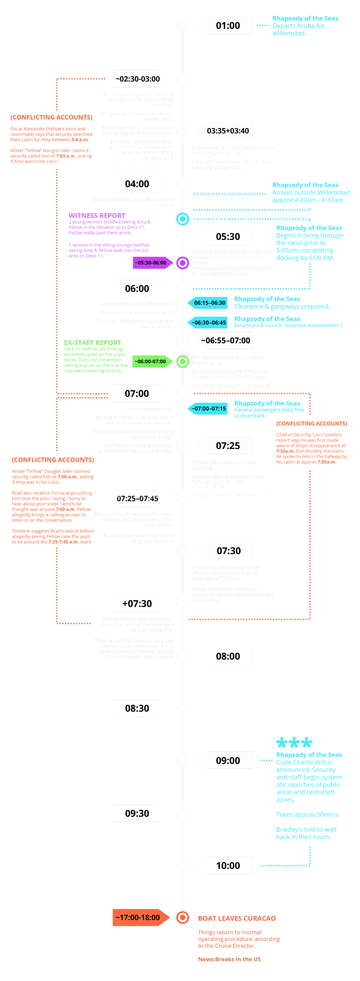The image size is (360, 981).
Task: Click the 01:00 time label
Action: (x=228, y=25)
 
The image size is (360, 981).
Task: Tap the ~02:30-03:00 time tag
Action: (x=138, y=79)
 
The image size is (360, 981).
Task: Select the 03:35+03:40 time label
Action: (x=228, y=131)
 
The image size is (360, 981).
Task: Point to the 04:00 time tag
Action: (x=137, y=184)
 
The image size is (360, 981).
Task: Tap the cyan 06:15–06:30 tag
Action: (x=209, y=303)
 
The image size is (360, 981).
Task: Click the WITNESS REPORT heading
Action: (x=97, y=215)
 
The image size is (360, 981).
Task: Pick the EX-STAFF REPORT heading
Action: (x=93, y=343)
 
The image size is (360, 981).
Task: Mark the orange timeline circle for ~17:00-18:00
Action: (x=183, y=917)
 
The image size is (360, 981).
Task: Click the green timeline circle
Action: (x=183, y=361)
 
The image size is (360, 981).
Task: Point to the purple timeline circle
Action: (x=183, y=263)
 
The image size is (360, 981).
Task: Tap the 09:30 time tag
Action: (x=137, y=813)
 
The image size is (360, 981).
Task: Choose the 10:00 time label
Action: (x=228, y=866)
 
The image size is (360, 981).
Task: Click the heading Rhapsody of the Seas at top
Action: (x=305, y=18)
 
